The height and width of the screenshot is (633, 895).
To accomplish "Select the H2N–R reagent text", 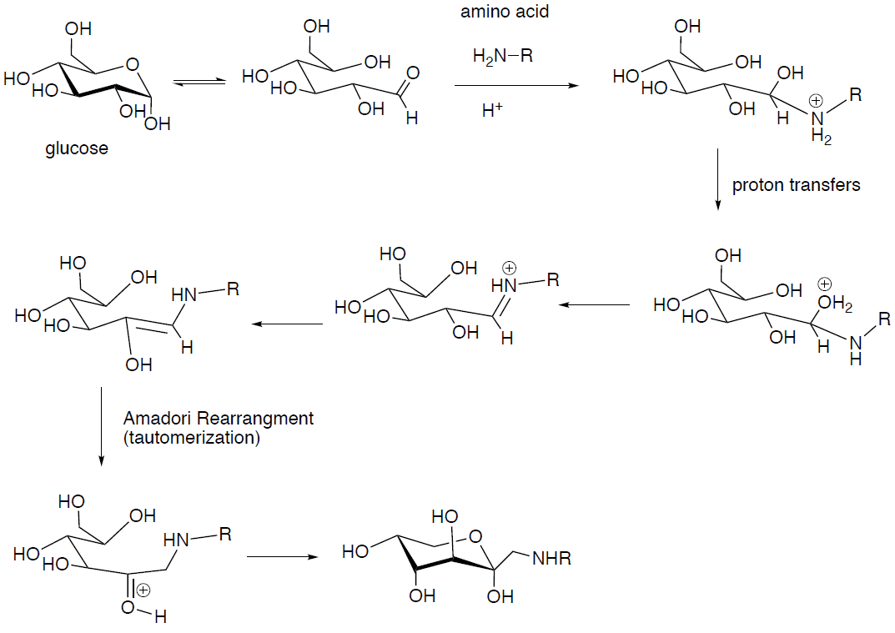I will (502, 56).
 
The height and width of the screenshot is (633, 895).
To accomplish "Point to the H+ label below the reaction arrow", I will (492, 109).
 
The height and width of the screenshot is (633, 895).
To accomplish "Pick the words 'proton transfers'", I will (796, 185).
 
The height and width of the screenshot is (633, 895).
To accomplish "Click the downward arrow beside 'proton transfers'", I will (717, 180).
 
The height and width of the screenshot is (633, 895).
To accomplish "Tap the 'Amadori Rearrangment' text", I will (219, 419).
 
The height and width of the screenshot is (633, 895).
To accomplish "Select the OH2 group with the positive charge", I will (837, 308).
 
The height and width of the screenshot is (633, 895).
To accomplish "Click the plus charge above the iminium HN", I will (510, 268).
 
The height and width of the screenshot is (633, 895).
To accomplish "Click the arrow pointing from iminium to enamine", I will (289, 324).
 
